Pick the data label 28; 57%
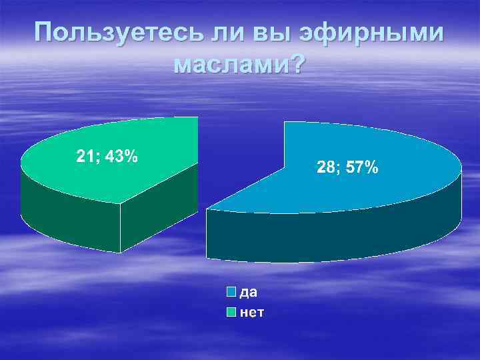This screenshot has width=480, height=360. tap(347, 167)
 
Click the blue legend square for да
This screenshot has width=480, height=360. tap(231, 292)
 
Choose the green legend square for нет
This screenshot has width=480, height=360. tap(231, 311)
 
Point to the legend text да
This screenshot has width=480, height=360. tap(249, 292)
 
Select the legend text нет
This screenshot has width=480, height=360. tap(251, 311)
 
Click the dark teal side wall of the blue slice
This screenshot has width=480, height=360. tap(333, 237)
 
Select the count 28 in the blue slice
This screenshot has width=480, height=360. tap(326, 167)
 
